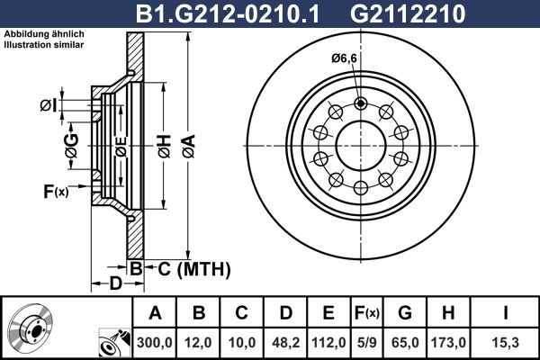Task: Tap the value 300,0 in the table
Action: click(x=155, y=342)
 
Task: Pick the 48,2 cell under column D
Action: click(x=285, y=342)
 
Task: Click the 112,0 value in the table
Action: click(x=328, y=342)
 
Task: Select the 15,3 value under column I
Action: click(x=506, y=342)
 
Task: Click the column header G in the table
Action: click(x=405, y=313)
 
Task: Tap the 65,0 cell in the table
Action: click(x=405, y=342)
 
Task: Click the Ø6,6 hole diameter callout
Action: click(x=343, y=58)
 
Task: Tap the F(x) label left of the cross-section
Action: click(x=55, y=191)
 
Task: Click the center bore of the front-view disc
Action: click(x=361, y=143)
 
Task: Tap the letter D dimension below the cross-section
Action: click(x=114, y=284)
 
